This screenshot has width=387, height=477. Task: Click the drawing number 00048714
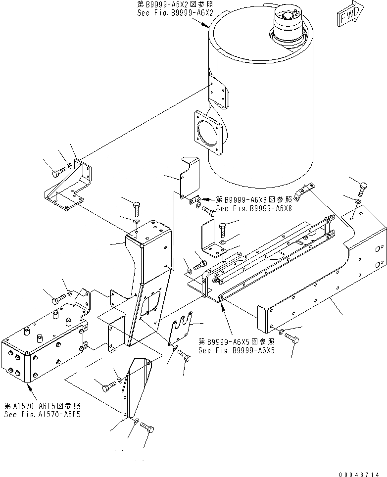pyautogui.click(x=360, y=472)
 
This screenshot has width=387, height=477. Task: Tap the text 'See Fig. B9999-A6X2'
pyautogui.click(x=175, y=13)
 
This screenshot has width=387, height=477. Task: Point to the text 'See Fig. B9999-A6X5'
pyautogui.click(x=236, y=350)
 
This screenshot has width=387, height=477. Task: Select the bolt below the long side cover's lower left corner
pyautogui.click(x=294, y=338)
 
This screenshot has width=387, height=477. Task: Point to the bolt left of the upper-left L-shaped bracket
pyautogui.click(x=57, y=173)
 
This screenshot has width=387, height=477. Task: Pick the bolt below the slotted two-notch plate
pyautogui.click(x=185, y=357)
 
